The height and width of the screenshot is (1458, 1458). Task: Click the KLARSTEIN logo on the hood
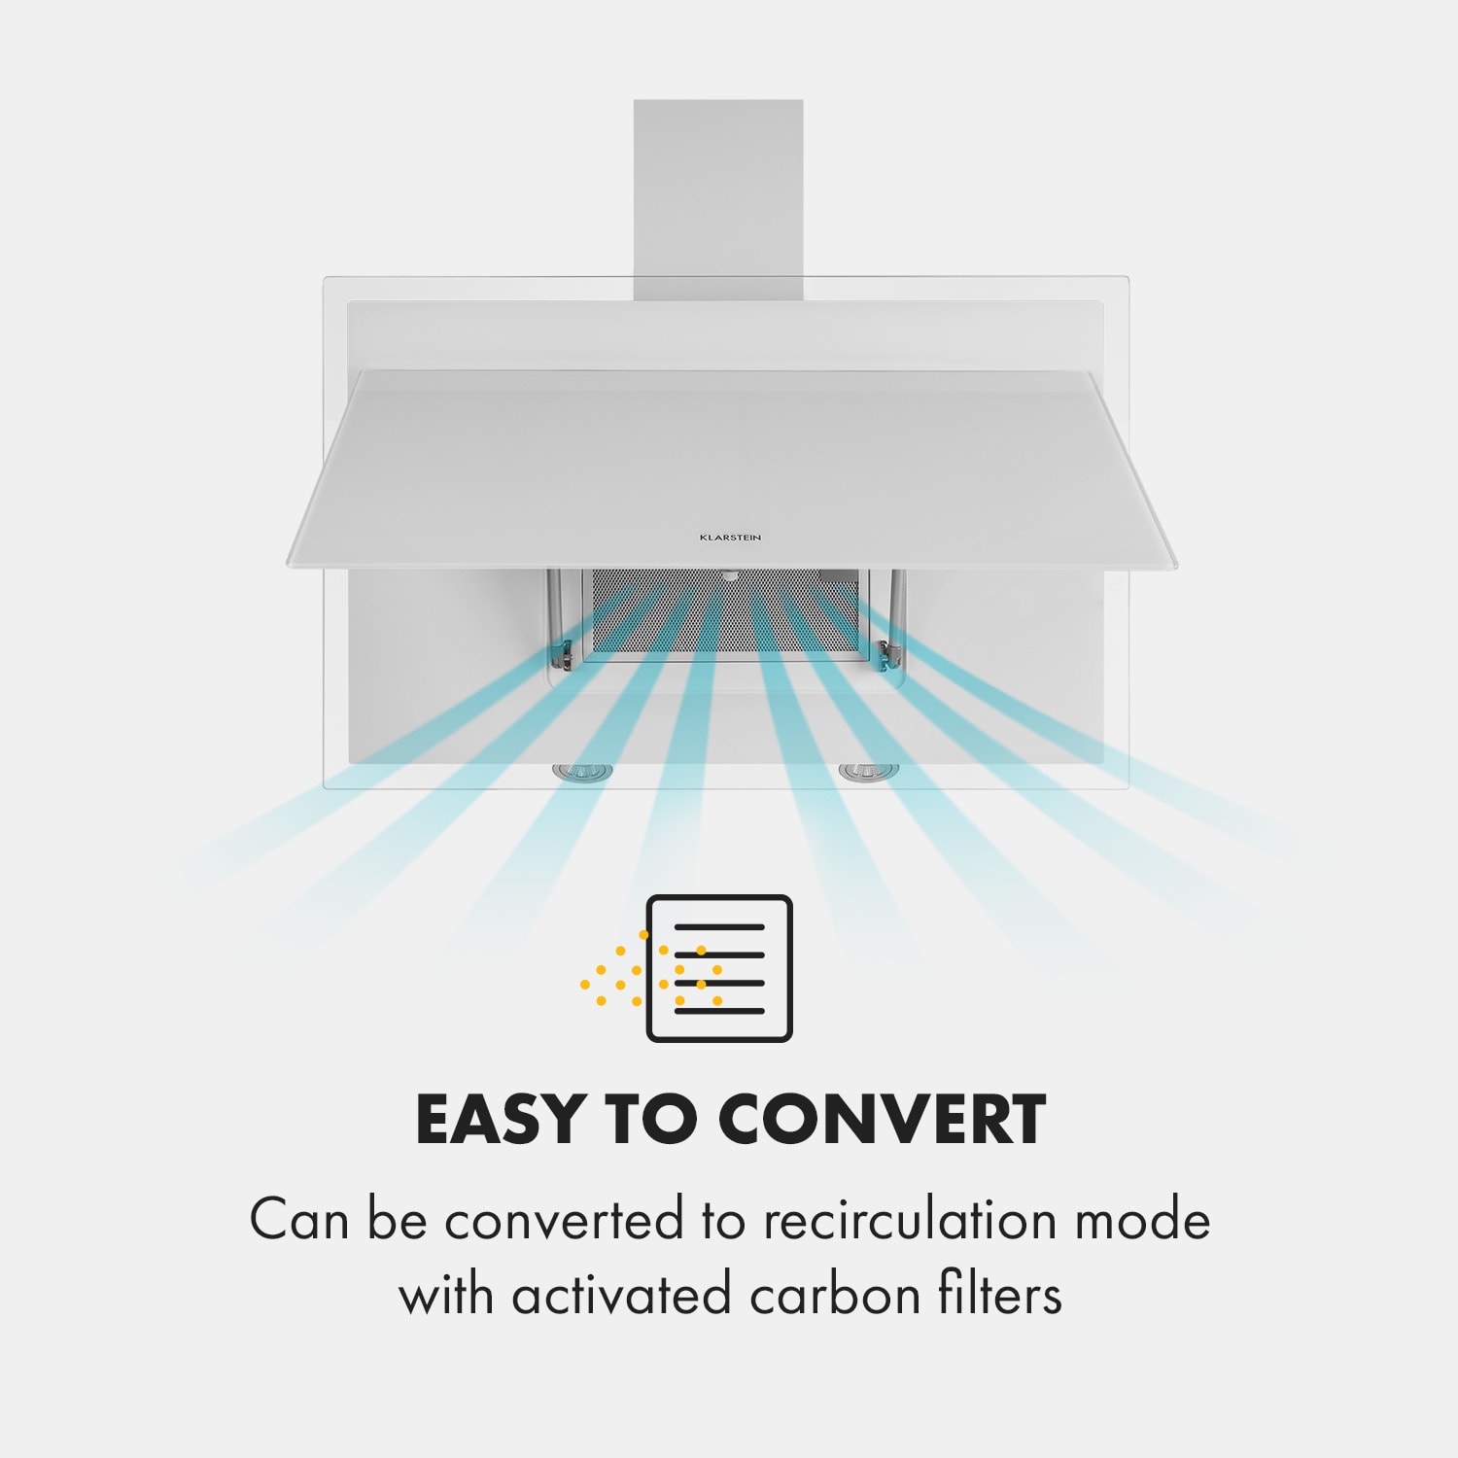[x=730, y=537]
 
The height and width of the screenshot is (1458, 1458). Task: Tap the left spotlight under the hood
[x=582, y=772]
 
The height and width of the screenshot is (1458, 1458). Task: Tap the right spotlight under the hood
[x=868, y=772]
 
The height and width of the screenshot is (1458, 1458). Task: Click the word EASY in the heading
[x=497, y=1120]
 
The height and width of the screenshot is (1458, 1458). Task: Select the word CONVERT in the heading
[x=882, y=1120]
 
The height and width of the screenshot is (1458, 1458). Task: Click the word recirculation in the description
[x=909, y=1221]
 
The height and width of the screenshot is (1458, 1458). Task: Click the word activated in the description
[x=621, y=1296]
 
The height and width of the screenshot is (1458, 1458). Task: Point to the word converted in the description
[x=564, y=1221]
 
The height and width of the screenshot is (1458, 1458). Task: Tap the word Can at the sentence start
[x=298, y=1221]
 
